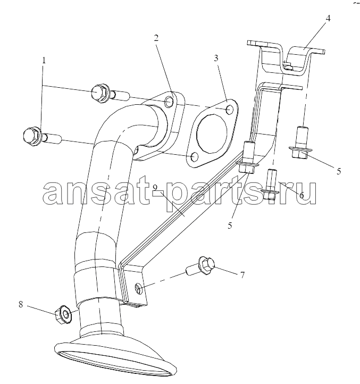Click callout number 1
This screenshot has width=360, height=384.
pyautogui.click(x=44, y=61)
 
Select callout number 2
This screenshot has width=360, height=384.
pyautogui.click(x=156, y=38)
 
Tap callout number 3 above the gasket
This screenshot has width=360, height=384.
pyautogui.click(x=216, y=59)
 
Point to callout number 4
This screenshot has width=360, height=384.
pyautogui.click(x=328, y=19)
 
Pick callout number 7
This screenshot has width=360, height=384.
pyautogui.click(x=242, y=275)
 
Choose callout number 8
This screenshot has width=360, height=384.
pyautogui.click(x=21, y=304)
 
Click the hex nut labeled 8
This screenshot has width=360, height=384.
pyautogui.click(x=63, y=315)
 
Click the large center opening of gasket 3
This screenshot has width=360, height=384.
pyautogui.click(x=212, y=133)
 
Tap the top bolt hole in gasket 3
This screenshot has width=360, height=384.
pyautogui.click(x=230, y=109)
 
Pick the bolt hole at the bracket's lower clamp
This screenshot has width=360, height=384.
pyautogui.click(x=138, y=288)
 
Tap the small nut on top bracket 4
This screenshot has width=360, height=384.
pyautogui.click(x=288, y=65)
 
